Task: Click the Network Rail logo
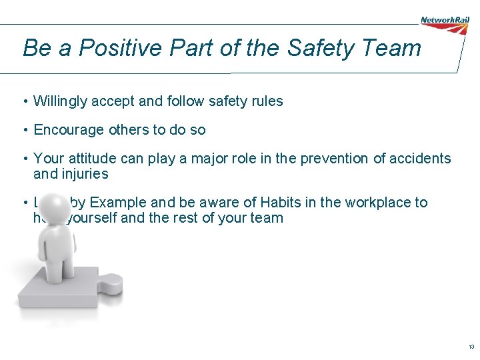coord(445,21)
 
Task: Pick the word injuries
coord(85,174)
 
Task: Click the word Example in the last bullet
coord(120,203)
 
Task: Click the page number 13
coord(471,347)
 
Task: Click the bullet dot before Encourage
coord(24,130)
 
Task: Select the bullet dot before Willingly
coord(24,101)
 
